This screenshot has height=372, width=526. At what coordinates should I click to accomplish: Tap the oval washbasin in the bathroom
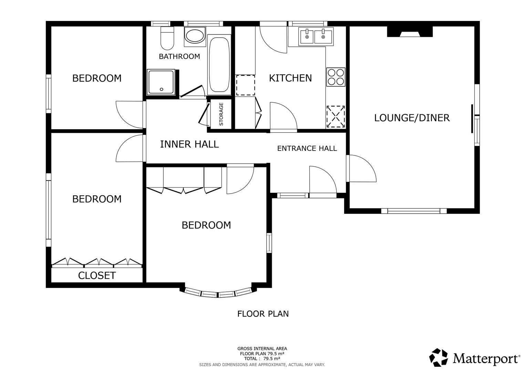click(x=195, y=36)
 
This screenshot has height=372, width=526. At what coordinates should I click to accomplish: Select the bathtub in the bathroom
click(x=219, y=65)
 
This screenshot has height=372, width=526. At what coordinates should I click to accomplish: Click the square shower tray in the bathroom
click(x=161, y=82)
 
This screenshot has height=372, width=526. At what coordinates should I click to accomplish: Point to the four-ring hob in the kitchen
click(x=336, y=77)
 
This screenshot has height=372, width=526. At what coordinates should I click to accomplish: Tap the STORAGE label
click(x=221, y=114)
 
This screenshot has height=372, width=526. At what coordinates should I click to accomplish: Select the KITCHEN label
click(x=290, y=78)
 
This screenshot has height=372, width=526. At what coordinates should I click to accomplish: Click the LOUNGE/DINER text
click(x=412, y=118)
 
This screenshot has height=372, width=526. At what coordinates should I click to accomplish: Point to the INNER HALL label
click(x=189, y=144)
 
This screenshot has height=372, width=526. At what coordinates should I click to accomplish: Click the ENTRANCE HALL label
click(x=307, y=148)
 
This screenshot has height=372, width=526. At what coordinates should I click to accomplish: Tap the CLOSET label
click(x=97, y=276)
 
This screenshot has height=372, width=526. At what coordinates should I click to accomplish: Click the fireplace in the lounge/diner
click(x=410, y=32)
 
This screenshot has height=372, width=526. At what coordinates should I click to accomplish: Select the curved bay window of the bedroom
click(x=218, y=293)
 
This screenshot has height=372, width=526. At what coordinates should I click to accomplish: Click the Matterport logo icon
click(x=439, y=357)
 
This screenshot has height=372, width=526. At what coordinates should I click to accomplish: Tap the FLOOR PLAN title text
click(x=263, y=314)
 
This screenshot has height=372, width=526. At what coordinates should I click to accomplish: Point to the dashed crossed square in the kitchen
click(x=335, y=117)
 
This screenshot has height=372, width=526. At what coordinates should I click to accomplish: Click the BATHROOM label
click(x=179, y=56)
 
